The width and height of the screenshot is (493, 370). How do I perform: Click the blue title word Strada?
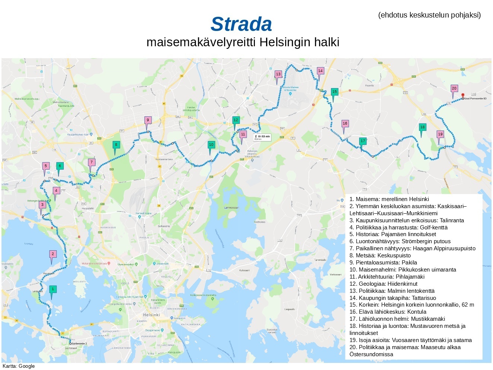(x=241, y=24)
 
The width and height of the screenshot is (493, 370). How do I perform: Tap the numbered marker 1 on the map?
(x=53, y=289)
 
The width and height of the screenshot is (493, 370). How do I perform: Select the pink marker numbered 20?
(x=454, y=89)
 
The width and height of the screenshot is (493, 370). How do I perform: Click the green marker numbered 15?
(x=334, y=92)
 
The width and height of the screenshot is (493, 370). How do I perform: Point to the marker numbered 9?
(x=148, y=120)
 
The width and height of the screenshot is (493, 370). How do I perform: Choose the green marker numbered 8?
(x=116, y=145)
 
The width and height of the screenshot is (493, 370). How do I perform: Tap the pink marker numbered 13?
(x=278, y=74)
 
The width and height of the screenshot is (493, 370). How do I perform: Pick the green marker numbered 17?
(x=363, y=141)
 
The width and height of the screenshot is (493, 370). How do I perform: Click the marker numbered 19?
(x=440, y=135)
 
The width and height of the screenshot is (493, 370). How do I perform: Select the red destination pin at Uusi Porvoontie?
(x=463, y=95)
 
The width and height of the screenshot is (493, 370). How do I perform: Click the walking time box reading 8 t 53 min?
(x=262, y=137)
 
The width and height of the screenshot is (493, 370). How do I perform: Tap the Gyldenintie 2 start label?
(x=79, y=344)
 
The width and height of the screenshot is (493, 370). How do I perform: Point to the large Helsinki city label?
(x=151, y=315)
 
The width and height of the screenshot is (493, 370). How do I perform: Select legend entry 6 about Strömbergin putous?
(x=400, y=241)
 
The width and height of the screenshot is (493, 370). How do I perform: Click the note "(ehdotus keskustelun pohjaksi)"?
(x=429, y=15)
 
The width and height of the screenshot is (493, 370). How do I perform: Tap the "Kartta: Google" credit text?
(x=19, y=366)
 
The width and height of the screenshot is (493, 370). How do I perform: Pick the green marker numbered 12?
(x=236, y=120)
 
